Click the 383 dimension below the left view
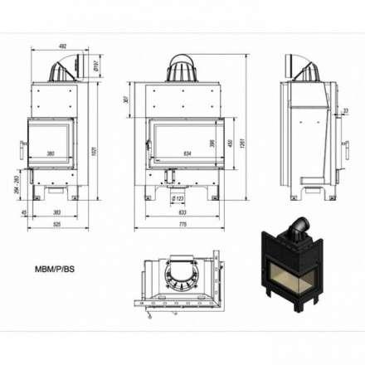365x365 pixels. coord(53,212)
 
